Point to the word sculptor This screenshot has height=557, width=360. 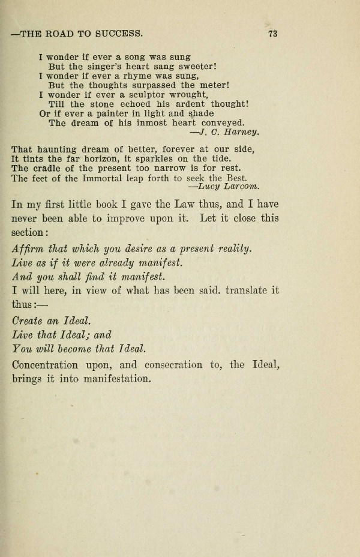pyautogui.click(x=140, y=94)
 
